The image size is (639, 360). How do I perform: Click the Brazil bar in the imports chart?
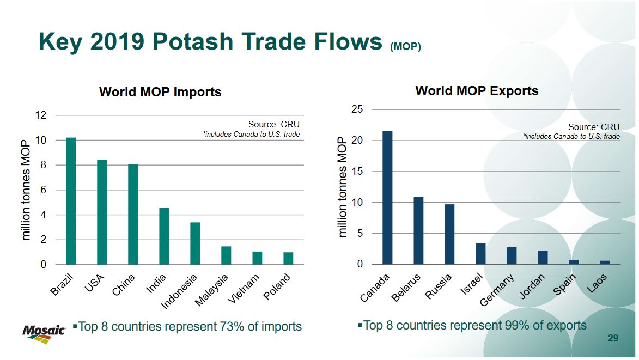(x=71, y=201)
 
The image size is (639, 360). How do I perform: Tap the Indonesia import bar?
(x=195, y=243)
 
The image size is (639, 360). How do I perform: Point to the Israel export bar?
(x=480, y=253)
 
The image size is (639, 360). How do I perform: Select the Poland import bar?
(x=288, y=258)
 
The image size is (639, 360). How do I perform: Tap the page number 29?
(x=613, y=339)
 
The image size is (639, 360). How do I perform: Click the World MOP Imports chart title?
(x=160, y=92)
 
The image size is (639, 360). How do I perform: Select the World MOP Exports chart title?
(x=477, y=91)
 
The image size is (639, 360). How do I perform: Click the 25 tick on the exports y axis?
(x=358, y=109)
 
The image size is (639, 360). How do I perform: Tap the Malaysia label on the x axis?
(x=213, y=290)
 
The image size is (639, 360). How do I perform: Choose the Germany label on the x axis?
(x=497, y=291)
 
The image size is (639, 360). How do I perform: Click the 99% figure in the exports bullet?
(x=514, y=325)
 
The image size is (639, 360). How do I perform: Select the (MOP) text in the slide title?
(x=405, y=47)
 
